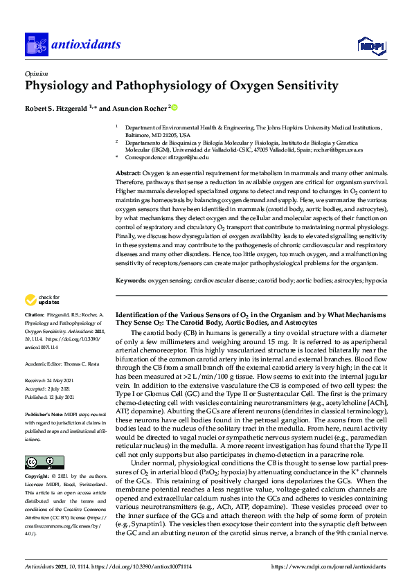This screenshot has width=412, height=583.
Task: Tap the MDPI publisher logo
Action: point(372,46)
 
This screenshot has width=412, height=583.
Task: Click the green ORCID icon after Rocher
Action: point(174,108)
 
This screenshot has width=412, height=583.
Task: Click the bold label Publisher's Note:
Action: point(44,413)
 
